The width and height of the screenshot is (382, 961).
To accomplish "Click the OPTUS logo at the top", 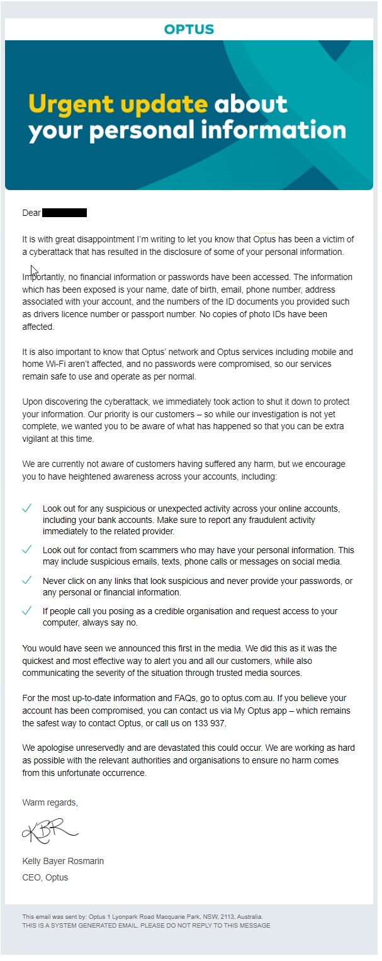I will (189, 29).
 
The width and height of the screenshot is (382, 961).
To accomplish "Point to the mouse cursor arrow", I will (33, 271).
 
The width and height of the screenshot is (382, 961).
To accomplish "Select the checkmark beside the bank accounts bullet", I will (27, 508).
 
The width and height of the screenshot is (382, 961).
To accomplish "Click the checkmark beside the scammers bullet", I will (27, 549).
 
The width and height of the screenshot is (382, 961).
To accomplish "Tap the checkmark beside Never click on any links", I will (27, 580).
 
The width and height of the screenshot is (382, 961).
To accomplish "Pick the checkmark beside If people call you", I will (27, 610).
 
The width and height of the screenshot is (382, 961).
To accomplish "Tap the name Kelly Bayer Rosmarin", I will (63, 861).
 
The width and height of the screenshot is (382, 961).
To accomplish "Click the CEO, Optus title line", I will (45, 877).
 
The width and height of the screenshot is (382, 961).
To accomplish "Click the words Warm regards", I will (50, 802).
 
